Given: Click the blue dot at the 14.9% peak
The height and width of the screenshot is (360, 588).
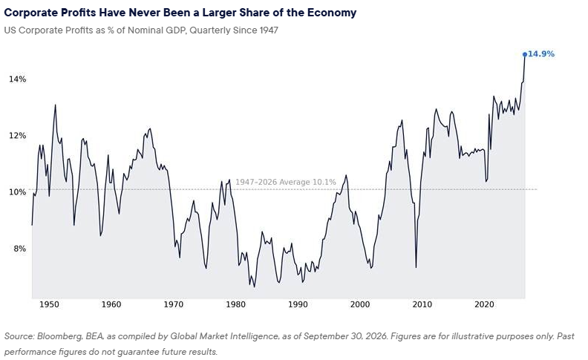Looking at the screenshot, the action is tap(525, 54).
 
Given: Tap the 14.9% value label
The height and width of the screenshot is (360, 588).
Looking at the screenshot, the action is tap(541, 54).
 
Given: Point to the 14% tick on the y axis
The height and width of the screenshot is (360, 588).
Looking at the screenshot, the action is tap(18, 79).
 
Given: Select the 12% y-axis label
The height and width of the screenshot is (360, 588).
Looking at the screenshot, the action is tap(18, 136).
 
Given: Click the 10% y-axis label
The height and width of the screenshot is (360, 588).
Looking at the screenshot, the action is tap(18, 192).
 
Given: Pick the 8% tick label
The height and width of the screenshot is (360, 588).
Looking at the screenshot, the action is tap(20, 249).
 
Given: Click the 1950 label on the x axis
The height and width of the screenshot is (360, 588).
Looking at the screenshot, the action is tap(49, 304).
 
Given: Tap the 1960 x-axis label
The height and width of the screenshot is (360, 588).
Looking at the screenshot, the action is tap(111, 304).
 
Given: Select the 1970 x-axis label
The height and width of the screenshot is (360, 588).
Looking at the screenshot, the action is tap(174, 304).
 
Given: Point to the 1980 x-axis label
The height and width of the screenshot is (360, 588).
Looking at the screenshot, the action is tap(236, 304).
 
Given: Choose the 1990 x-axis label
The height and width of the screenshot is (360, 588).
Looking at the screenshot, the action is tap(298, 304).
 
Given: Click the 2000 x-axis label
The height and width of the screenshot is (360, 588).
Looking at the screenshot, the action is tap(360, 304).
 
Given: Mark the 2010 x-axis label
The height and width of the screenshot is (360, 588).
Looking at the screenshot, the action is tap(422, 304).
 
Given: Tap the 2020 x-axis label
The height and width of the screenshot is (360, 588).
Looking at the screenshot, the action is tap(484, 304).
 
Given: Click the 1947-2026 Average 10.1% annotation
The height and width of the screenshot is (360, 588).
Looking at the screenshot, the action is tap(286, 183).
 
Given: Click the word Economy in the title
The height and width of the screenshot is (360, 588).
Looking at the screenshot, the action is tap(332, 13).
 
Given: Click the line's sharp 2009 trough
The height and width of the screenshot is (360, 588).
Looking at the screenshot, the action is tap(416, 267).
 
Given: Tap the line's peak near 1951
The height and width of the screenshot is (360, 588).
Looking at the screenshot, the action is tap(56, 105).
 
